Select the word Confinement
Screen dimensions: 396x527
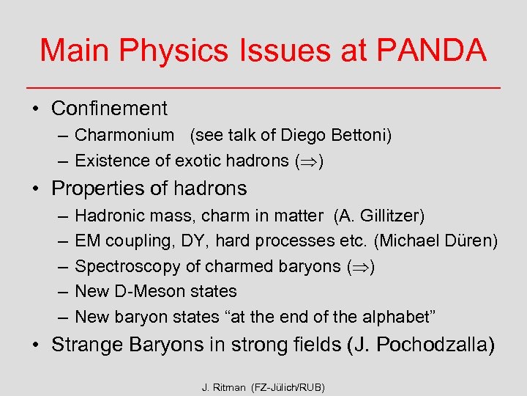tap(109, 109)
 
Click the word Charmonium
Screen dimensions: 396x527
tap(124, 136)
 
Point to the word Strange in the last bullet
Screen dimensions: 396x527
tap(85, 345)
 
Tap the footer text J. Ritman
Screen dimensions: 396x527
tap(224, 386)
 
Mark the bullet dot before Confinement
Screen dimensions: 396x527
tap(34, 109)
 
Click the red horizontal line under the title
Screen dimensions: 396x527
tap(263, 87)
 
